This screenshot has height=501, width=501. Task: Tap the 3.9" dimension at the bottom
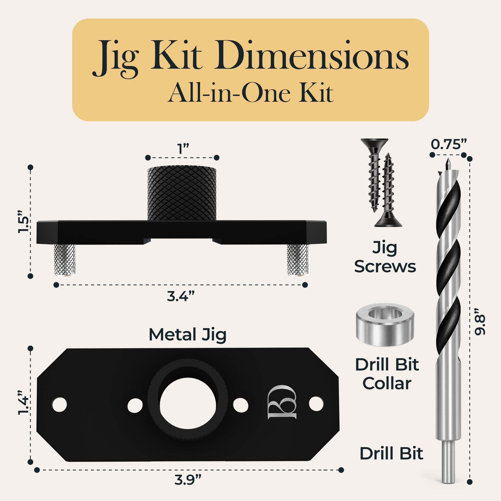tap(188, 480)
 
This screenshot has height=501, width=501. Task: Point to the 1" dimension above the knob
tap(183, 149)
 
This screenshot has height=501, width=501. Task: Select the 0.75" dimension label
tap(449, 145)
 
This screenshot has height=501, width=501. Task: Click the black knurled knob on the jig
tap(182, 193)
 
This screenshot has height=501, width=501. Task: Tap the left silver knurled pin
tap(65, 260)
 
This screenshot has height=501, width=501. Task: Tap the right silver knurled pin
tap(298, 260)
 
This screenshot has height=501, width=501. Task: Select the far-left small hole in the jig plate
tap(59, 404)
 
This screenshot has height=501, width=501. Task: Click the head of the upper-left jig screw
tap(374, 142)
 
